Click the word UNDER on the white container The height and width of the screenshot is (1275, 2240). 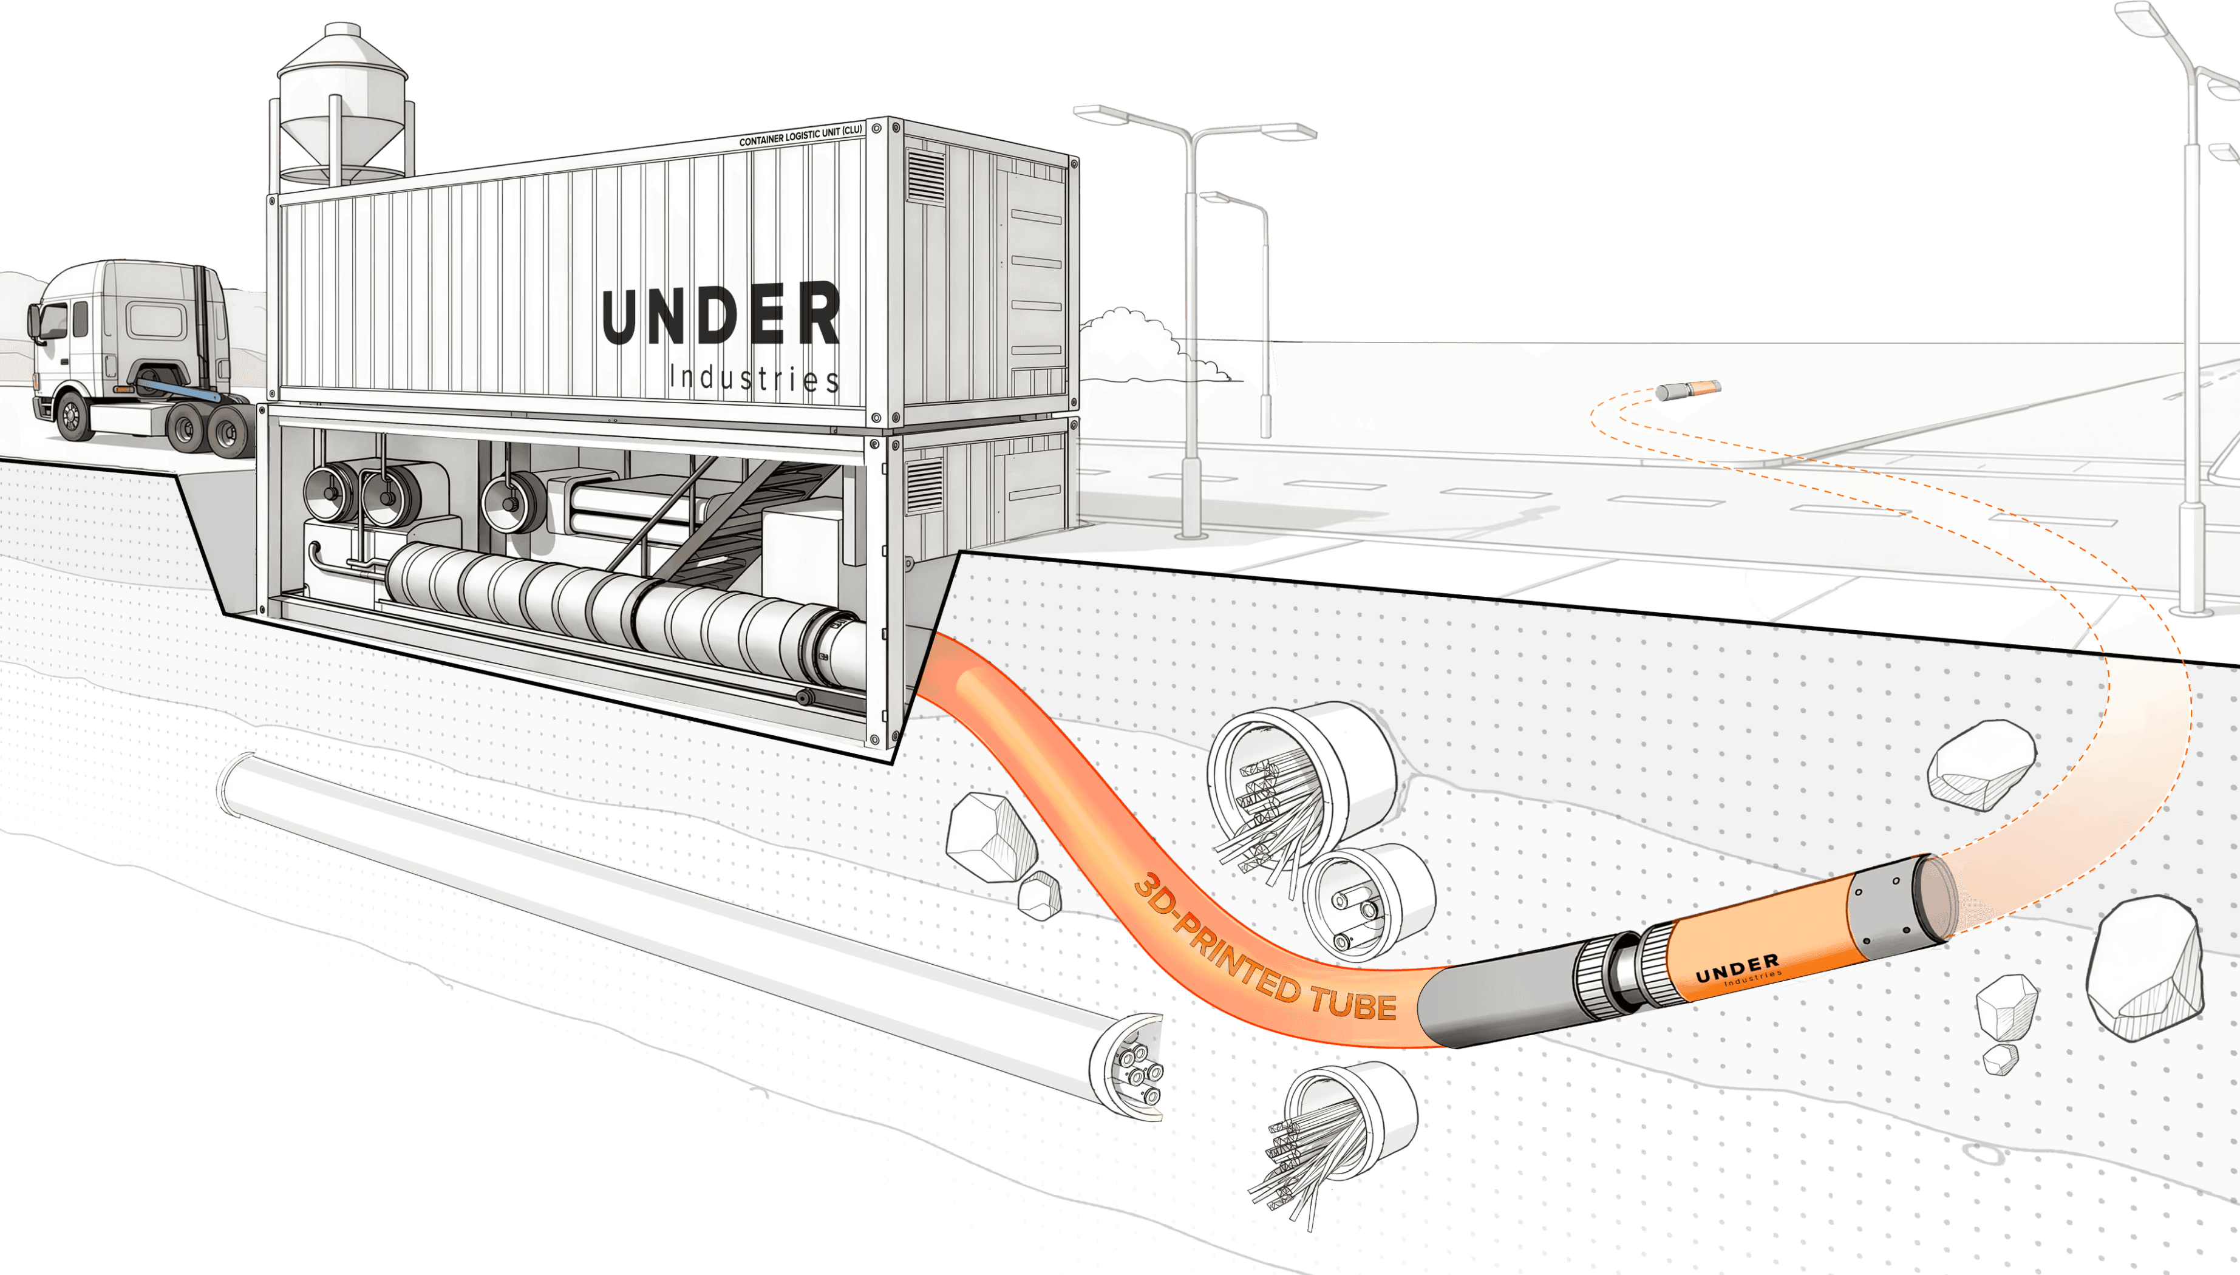click(720, 315)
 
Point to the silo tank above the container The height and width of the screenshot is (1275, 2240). click(341, 105)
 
